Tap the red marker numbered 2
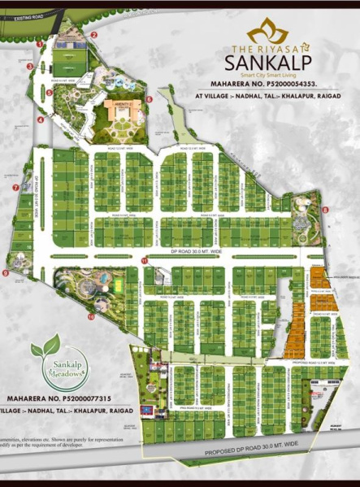94,35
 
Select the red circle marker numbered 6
150,99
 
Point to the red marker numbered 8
325,210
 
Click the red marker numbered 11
144,260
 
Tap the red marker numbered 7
15,188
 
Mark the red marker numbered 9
5,274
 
